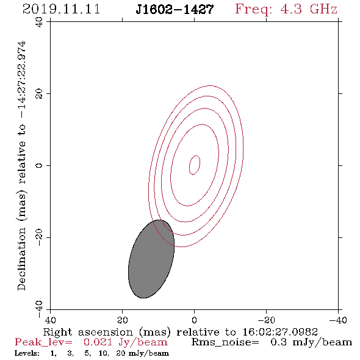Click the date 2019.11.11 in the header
[x=61, y=9]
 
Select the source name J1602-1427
[x=175, y=9]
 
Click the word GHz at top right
[x=323, y=9]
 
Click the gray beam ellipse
[x=151, y=259]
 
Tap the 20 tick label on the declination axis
[x=39, y=93]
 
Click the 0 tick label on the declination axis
[x=39, y=165]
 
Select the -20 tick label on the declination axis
[x=39, y=237]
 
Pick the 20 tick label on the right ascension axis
[x=123, y=320]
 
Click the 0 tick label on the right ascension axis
[x=194, y=320]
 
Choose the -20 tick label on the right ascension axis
[x=266, y=320]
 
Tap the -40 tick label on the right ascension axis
[x=338, y=320]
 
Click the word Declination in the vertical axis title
[x=21, y=259]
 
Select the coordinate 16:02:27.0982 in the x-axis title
[x=280, y=332]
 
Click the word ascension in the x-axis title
[x=106, y=333]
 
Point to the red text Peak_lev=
[x=43, y=342]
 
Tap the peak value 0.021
[x=98, y=342]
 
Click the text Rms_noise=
[x=225, y=342]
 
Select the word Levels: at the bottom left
[x=27, y=353]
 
